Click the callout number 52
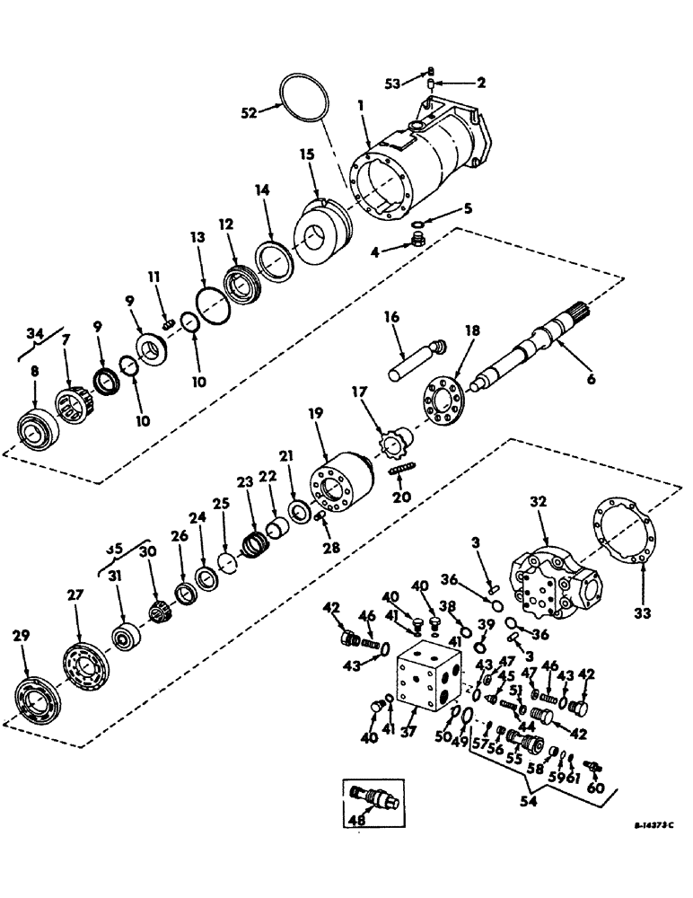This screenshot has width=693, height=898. pos(247,112)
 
